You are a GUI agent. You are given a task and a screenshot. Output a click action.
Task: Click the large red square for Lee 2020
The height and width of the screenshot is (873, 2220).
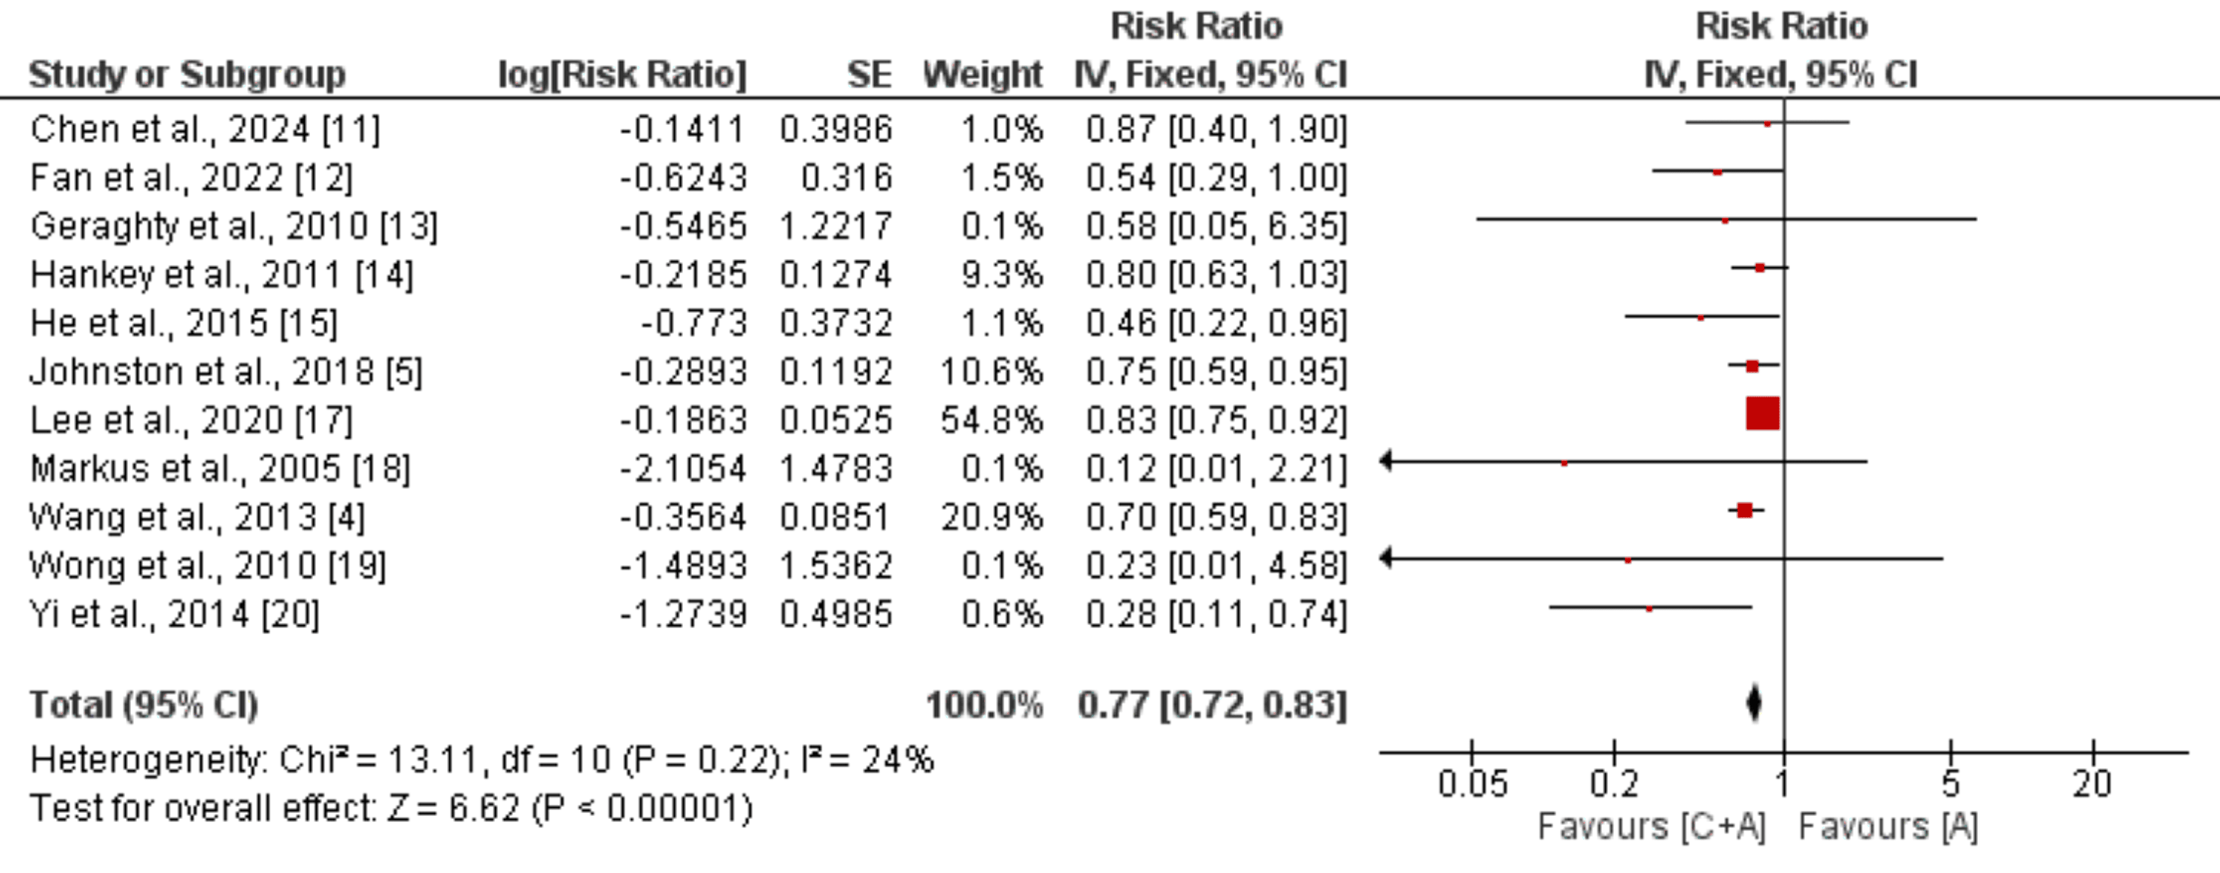coord(1763,414)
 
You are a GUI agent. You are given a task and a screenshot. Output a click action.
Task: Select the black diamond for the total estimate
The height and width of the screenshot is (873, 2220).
coord(1754,704)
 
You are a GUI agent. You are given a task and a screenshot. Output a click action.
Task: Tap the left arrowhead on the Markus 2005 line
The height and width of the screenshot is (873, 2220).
coord(1386,462)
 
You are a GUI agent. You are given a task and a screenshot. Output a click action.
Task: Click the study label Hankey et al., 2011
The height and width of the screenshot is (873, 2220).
coord(221,275)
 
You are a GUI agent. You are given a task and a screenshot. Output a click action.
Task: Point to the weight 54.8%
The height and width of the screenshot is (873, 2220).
coord(991,420)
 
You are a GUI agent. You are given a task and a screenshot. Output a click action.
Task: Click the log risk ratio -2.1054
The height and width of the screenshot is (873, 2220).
coord(682,469)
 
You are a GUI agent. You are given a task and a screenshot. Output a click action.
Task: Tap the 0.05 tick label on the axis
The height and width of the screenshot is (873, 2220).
coord(1472,784)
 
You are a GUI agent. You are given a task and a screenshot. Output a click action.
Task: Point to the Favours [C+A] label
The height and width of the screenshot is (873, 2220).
coord(1651,827)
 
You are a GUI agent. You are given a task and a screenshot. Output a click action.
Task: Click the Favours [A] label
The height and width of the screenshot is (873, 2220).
coord(1887,827)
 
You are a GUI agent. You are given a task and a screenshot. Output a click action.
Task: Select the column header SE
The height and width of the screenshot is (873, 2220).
coord(869,75)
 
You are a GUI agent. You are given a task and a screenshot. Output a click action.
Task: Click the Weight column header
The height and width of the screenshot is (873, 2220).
coord(983,75)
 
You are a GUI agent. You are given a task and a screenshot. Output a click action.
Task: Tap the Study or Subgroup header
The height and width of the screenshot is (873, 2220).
coord(187,75)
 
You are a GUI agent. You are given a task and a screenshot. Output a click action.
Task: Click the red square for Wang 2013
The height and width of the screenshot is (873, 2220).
coord(1744,511)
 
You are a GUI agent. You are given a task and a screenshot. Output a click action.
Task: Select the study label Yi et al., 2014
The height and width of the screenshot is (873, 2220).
coord(174,615)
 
